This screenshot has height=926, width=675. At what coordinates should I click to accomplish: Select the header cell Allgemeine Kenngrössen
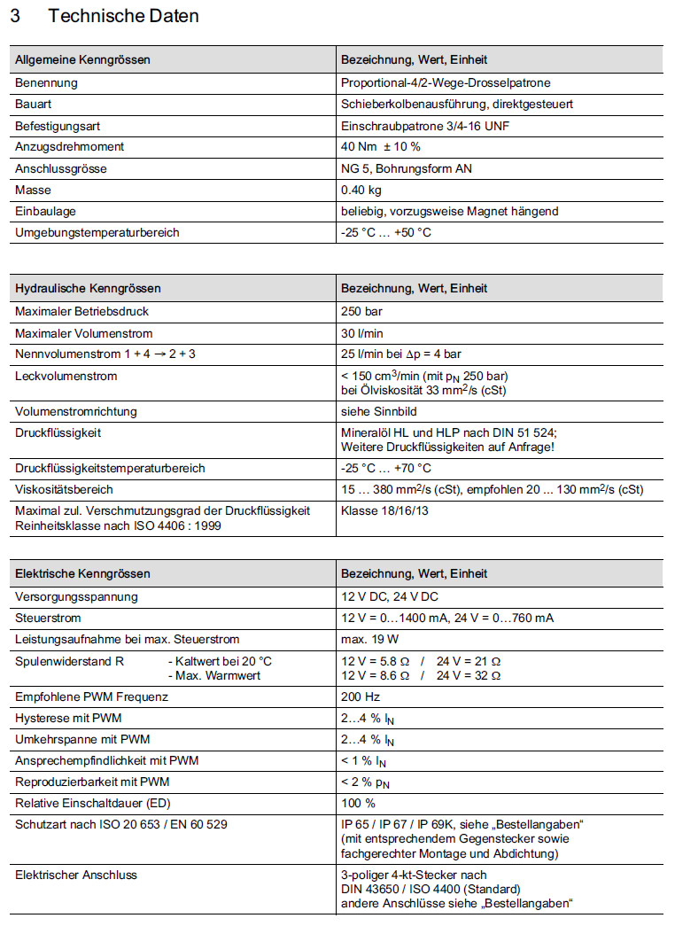(82, 60)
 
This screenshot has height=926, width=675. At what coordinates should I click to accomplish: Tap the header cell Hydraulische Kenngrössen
(88, 288)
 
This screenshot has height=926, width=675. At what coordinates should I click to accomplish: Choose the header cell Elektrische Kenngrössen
(82, 574)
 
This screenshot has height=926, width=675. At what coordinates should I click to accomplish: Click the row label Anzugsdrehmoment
(69, 146)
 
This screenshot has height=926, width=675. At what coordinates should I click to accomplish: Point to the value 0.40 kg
(361, 190)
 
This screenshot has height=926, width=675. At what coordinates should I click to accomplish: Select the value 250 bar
(361, 311)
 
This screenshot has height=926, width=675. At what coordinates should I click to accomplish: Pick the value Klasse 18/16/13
(384, 511)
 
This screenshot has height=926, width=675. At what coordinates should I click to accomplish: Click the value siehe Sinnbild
(378, 411)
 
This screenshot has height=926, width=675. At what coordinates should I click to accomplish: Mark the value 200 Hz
(360, 696)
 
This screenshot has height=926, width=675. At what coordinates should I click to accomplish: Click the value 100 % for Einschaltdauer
(359, 804)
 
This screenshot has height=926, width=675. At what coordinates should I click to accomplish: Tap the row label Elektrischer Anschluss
(75, 875)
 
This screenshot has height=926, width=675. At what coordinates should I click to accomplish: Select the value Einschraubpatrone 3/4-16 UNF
(424, 125)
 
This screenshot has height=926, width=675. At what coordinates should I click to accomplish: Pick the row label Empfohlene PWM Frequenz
(91, 696)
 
